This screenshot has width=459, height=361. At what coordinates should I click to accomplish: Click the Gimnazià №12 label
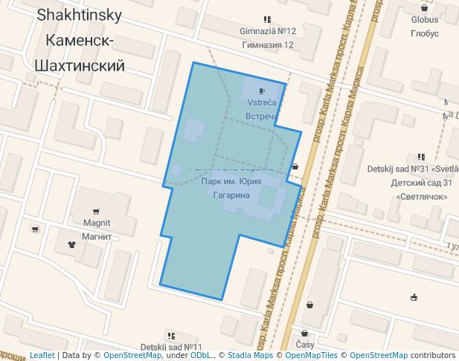(x=268, y=31)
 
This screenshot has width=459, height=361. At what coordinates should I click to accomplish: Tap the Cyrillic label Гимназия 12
(x=268, y=45)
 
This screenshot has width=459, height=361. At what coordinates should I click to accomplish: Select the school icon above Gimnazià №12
(x=267, y=19)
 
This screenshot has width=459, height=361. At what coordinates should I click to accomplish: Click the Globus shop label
(x=425, y=20)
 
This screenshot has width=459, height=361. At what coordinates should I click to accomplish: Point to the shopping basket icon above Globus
(x=425, y=8)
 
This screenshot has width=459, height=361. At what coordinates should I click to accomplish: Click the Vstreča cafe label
(x=262, y=103)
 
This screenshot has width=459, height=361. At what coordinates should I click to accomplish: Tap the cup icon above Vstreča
(x=262, y=91)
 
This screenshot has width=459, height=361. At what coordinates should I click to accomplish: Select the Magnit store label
(x=97, y=223)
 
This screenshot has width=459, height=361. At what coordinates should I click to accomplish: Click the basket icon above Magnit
(x=96, y=211)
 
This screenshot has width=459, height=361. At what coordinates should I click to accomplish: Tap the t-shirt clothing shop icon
(x=72, y=243)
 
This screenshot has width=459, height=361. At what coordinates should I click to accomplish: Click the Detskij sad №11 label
(x=171, y=348)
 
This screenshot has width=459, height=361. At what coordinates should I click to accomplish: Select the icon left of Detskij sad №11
(x=171, y=336)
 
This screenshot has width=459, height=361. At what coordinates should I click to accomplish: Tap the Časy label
(x=305, y=345)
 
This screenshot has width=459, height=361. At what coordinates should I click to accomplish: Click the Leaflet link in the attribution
(x=42, y=356)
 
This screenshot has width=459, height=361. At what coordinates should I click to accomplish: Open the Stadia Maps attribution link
(x=250, y=356)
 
